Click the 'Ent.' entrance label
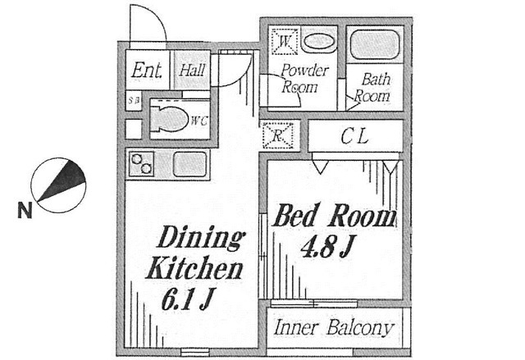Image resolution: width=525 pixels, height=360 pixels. point(147,71)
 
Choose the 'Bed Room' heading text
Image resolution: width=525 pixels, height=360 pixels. point(333,216)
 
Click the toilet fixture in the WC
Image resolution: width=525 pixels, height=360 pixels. point(170,118)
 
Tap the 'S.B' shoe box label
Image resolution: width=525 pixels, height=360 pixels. point(132,102)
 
